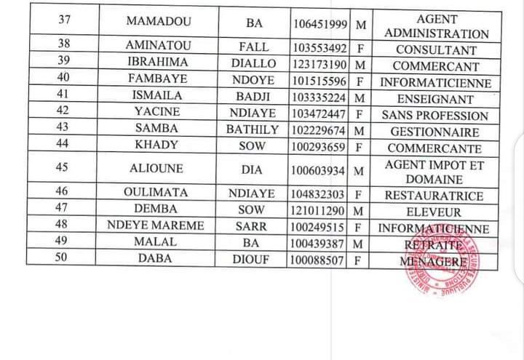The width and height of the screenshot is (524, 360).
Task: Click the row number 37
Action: [63, 20]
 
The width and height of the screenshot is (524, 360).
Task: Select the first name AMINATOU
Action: [157, 46]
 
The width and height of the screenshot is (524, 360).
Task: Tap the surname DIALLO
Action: [253, 63]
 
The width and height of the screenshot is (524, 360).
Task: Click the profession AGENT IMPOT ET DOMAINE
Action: [434, 172]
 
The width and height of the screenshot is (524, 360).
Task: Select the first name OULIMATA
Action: [157, 193]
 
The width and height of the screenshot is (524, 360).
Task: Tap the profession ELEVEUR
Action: [434, 212]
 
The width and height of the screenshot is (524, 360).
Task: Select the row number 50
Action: [63, 258]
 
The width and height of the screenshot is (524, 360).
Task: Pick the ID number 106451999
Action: [320, 24]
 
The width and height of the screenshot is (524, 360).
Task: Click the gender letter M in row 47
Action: [357, 211]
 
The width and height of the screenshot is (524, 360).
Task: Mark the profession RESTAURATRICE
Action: [434, 195]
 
